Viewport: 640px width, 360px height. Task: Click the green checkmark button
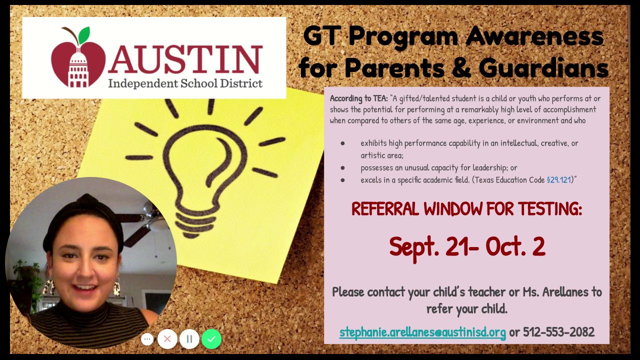click(x=211, y=339)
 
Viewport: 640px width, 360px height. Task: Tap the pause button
click(x=189, y=339)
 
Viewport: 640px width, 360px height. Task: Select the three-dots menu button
click(x=147, y=339)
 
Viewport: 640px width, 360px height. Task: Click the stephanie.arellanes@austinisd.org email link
click(x=422, y=332)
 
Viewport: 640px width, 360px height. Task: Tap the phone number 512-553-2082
click(x=559, y=331)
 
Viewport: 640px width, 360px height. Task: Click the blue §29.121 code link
click(x=558, y=179)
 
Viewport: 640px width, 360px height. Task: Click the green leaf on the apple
click(x=84, y=35)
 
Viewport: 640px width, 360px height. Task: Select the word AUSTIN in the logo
click(x=185, y=59)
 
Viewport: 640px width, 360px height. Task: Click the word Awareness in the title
click(x=534, y=36)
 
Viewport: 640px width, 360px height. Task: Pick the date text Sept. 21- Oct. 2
click(x=467, y=247)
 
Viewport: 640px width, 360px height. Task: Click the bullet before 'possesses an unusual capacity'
click(x=342, y=168)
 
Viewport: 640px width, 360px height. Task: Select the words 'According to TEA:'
click(x=359, y=98)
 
